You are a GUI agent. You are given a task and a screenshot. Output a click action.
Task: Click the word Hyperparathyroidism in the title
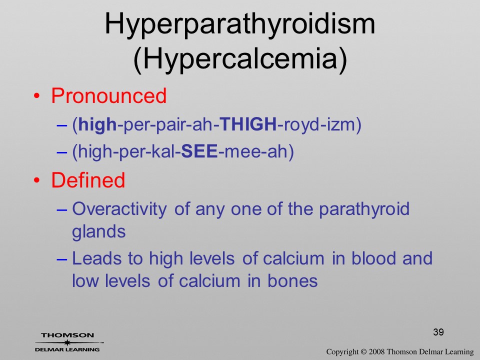(x=240, y=25)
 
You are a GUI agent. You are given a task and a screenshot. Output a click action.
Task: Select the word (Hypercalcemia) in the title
(x=240, y=59)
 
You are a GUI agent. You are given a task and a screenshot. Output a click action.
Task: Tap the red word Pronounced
(x=108, y=96)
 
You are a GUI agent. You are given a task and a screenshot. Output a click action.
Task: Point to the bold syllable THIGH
(x=248, y=124)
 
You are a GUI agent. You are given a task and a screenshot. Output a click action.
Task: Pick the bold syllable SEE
(x=199, y=151)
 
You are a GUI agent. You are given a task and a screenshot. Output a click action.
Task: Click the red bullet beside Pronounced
(x=36, y=96)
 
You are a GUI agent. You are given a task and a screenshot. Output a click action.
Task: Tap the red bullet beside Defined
(x=36, y=180)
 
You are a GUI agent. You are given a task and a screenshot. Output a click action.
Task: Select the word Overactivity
(x=119, y=209)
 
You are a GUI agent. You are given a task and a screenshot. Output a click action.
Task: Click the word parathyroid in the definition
(x=364, y=209)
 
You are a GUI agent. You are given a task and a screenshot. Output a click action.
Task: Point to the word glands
(x=99, y=232)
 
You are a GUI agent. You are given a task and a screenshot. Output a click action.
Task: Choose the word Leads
(x=97, y=258)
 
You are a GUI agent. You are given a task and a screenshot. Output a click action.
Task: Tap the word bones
(x=292, y=280)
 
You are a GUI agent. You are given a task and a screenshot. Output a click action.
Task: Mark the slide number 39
(x=438, y=332)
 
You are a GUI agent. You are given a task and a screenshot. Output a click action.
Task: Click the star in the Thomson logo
(x=67, y=342)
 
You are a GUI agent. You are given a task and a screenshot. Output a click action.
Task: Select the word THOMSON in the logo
(x=67, y=335)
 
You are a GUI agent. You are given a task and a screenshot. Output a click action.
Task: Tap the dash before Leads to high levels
(x=62, y=259)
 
